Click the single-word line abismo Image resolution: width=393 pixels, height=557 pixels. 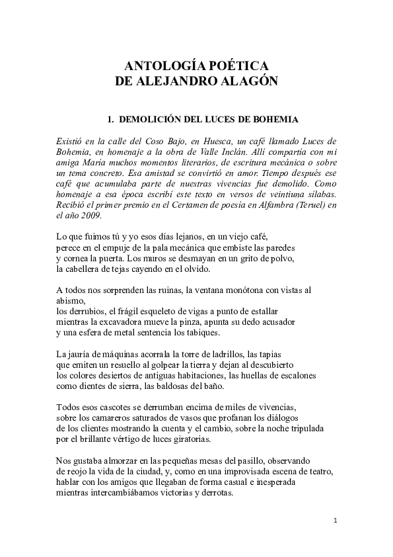click(71, 300)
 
